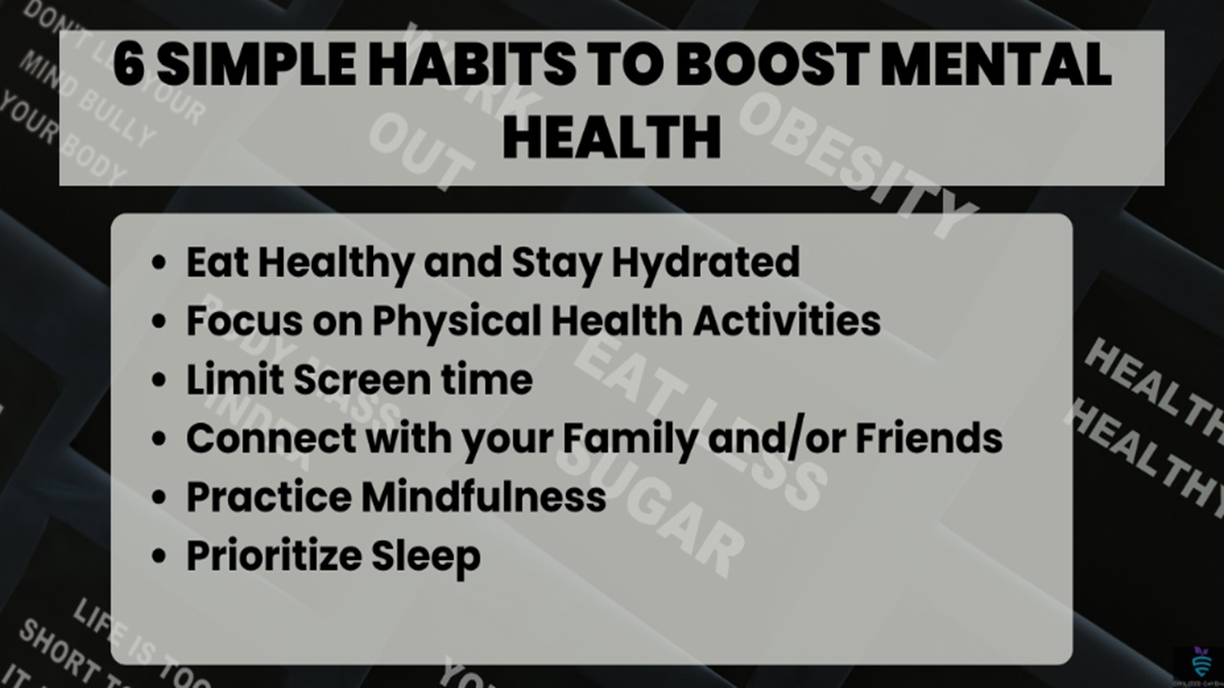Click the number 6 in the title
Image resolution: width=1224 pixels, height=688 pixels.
129,68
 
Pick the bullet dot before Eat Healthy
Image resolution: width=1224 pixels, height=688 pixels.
160,263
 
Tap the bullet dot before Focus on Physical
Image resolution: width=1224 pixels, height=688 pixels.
160,322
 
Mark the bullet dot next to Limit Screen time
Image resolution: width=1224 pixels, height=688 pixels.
160,380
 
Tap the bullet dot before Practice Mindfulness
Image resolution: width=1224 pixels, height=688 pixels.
160,498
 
